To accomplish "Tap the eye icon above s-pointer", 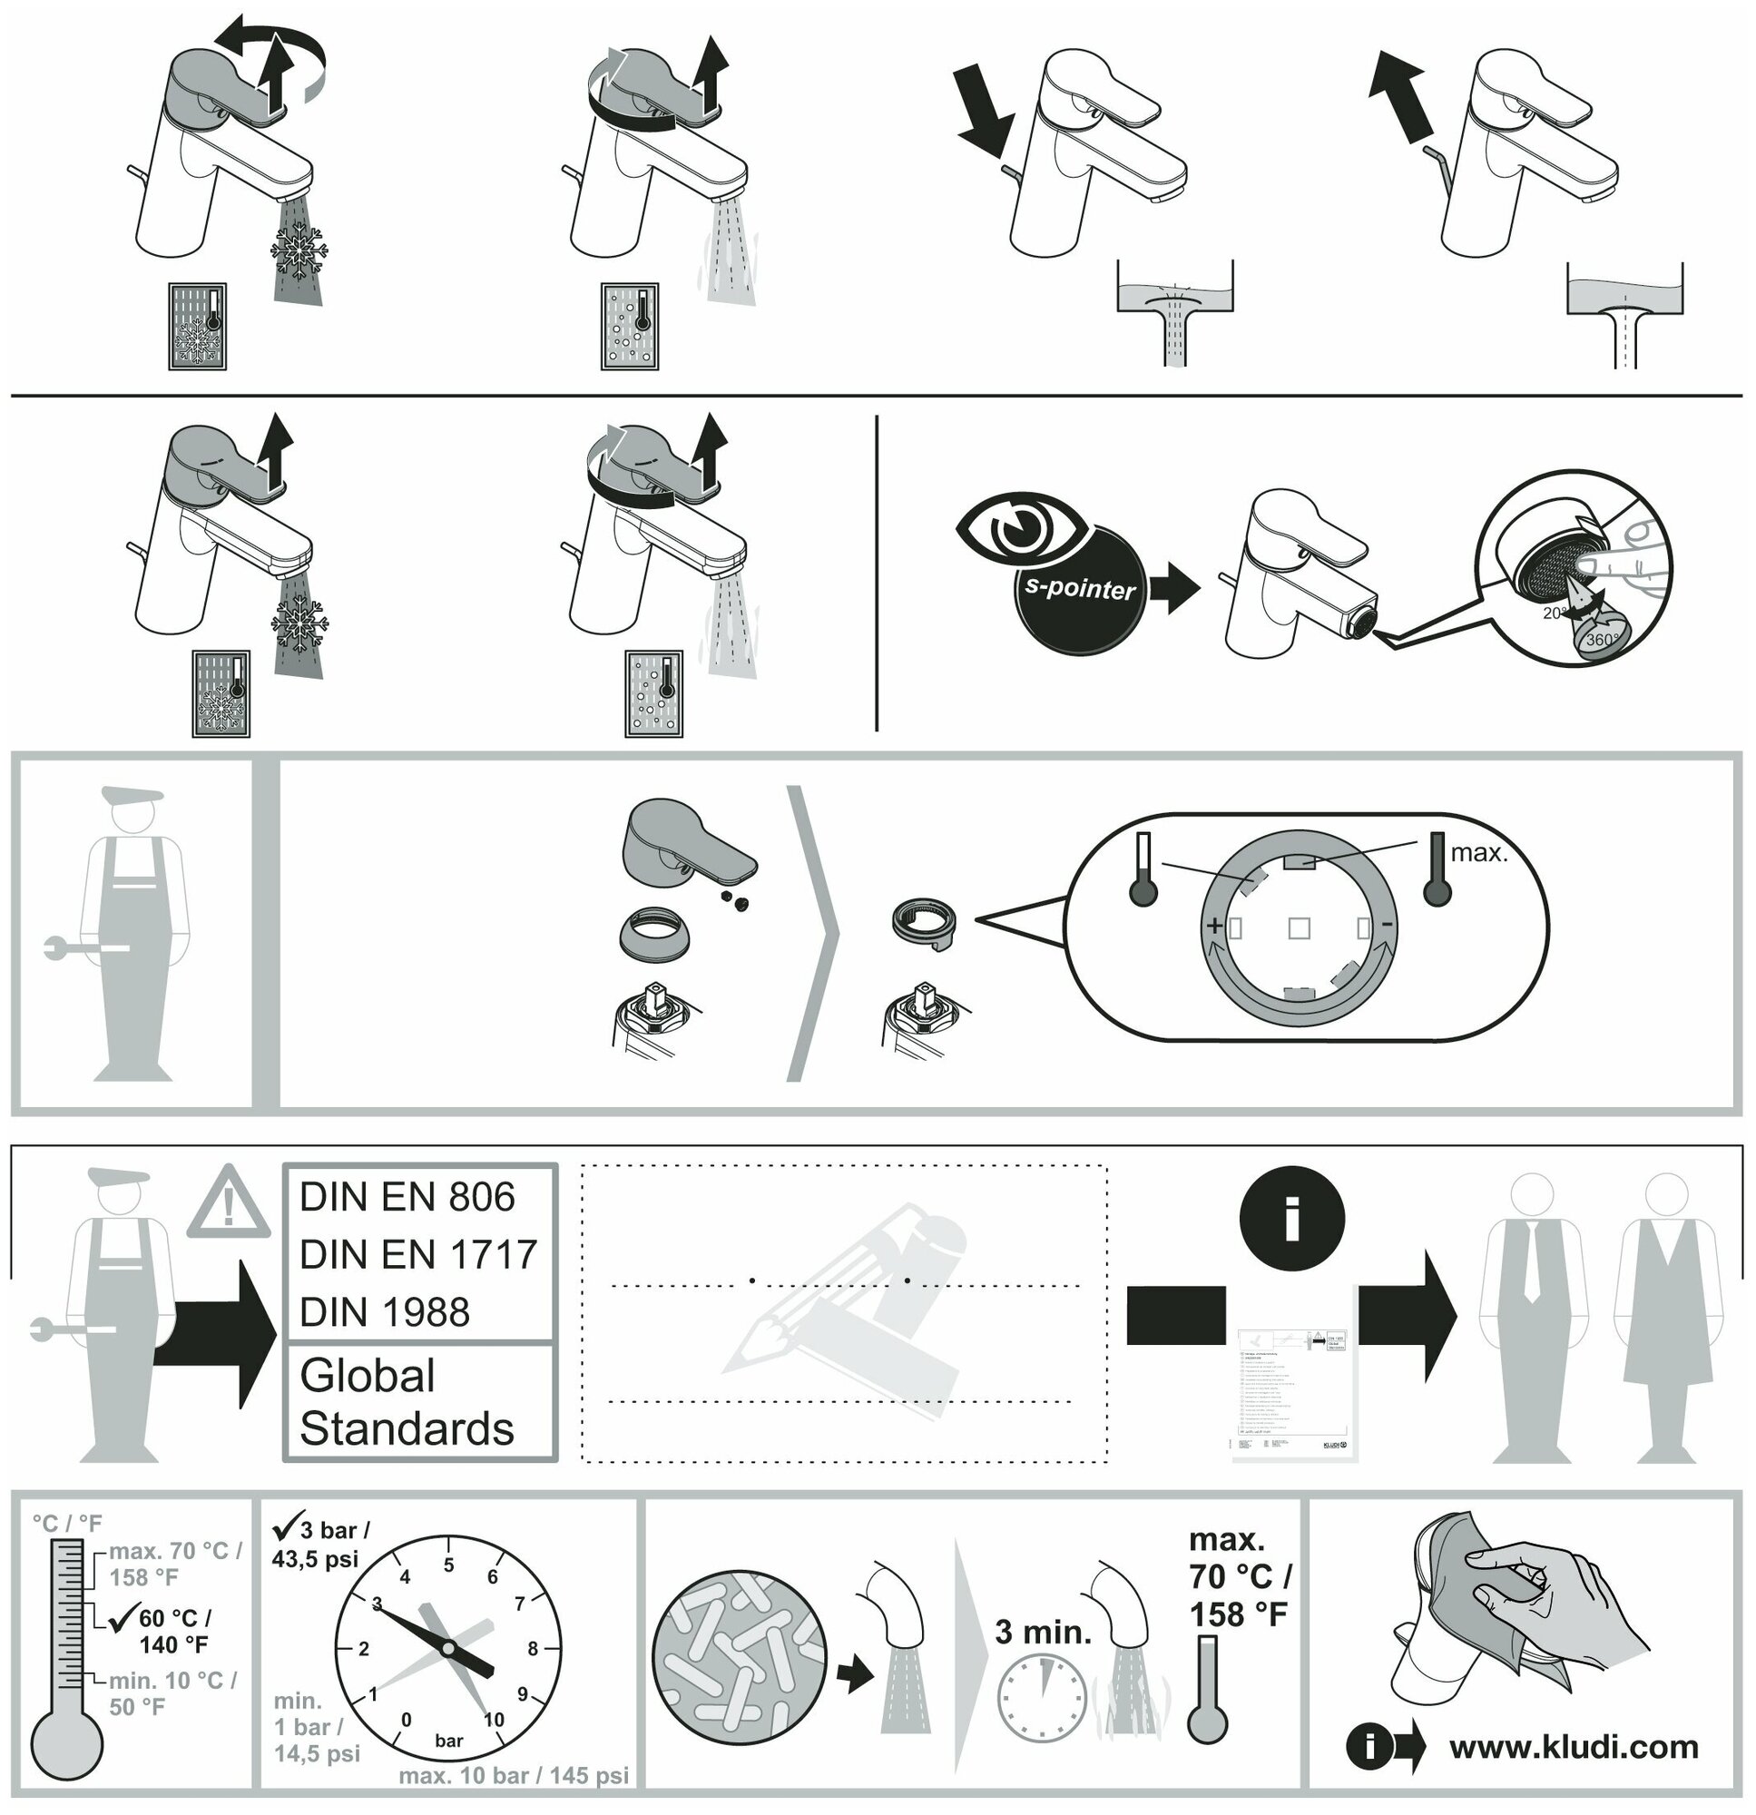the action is tap(1017, 528).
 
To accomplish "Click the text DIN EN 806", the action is tap(407, 1197).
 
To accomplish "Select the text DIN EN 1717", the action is tap(417, 1255).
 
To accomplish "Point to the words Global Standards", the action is tap(407, 1402).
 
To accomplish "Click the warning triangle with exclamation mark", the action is tap(228, 1205).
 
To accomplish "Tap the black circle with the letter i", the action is tap(1292, 1218).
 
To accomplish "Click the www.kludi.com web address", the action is tap(1574, 1748).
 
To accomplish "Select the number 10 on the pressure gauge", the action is tap(494, 1720).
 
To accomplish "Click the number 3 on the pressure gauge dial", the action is tap(376, 1604).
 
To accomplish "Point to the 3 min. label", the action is tap(1043, 1632).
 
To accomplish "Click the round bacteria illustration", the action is tap(738, 1657).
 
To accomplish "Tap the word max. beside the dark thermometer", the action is tap(1479, 853).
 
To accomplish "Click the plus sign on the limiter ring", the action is tap(1212, 925).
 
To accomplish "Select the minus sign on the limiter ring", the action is tap(1386, 925).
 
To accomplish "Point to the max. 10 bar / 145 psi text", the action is tap(513, 1776).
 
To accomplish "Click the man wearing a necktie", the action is tap(1533, 1320).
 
